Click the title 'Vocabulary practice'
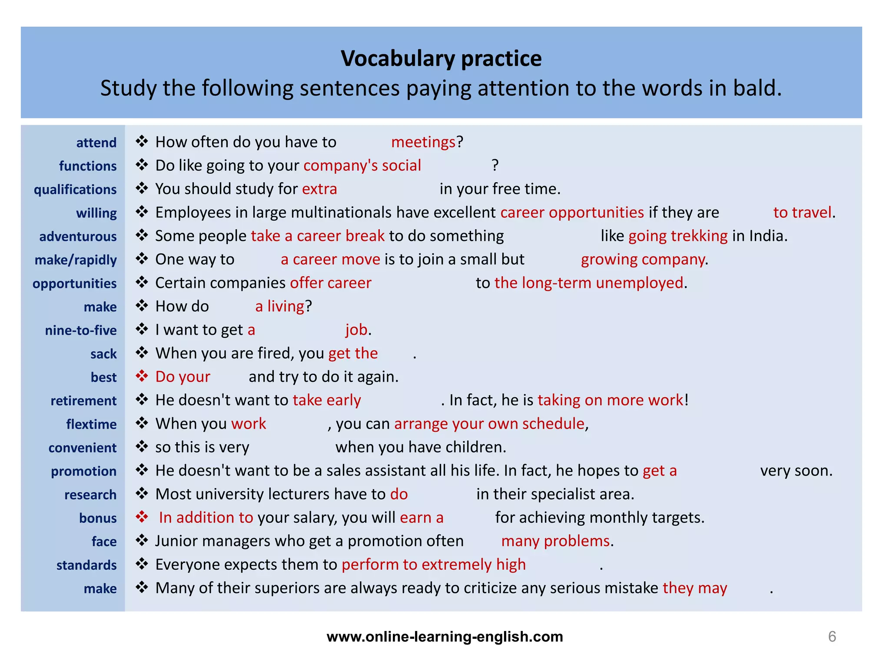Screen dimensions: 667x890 point(441,59)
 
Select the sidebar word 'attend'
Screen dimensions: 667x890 point(96,143)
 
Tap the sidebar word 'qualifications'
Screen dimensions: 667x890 point(75,190)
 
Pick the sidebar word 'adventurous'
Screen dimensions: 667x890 point(78,237)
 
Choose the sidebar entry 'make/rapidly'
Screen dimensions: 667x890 point(76,260)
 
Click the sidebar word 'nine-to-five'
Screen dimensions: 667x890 point(81,330)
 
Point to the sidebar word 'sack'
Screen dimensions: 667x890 point(103,354)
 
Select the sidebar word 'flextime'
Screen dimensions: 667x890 point(91,424)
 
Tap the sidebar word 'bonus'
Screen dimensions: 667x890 point(98,518)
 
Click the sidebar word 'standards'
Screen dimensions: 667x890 point(86,565)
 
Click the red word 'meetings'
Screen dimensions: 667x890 point(423,142)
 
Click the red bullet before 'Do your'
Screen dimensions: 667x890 point(142,376)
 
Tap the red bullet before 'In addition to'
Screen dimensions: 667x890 point(142,517)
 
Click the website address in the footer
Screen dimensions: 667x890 point(445,637)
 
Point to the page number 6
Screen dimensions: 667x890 point(832,637)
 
